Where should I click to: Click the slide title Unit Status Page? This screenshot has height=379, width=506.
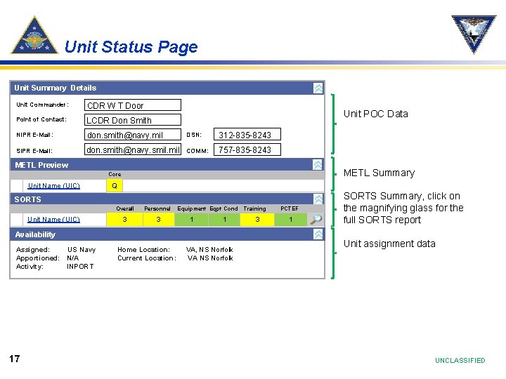(x=131, y=47)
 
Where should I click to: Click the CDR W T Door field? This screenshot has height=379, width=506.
(x=133, y=105)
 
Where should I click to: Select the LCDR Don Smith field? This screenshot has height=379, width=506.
(x=133, y=120)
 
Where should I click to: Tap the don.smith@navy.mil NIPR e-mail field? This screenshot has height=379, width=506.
(x=133, y=135)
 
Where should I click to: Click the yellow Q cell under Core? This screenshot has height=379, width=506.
(x=115, y=186)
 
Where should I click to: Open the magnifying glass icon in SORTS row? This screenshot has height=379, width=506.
(x=318, y=219)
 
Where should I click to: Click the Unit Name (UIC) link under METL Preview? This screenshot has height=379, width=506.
(x=53, y=186)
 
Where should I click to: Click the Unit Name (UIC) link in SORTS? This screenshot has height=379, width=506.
(x=53, y=220)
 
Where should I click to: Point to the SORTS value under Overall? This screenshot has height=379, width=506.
(x=125, y=220)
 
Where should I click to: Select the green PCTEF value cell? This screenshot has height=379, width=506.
(x=290, y=220)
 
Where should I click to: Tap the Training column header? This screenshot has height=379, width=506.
(x=254, y=208)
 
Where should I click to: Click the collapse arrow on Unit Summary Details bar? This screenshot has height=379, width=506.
(x=318, y=88)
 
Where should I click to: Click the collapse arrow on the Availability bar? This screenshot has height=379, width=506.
(x=318, y=234)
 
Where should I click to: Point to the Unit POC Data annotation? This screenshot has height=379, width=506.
(x=375, y=114)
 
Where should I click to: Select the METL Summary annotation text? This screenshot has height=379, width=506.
(x=379, y=173)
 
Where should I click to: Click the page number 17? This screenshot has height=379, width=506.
(x=14, y=359)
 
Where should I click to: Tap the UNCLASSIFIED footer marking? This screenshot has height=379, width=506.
(x=460, y=361)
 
